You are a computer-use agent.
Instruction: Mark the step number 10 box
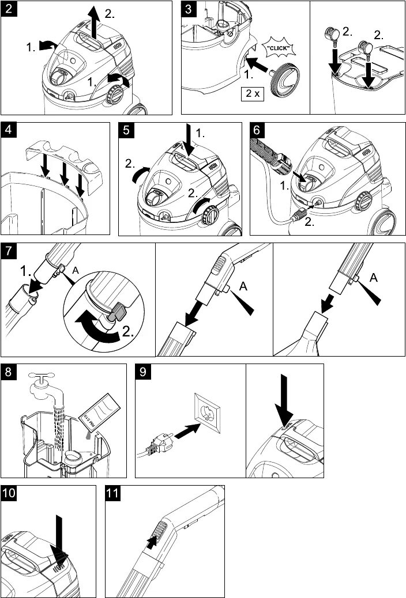coord(10,494)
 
